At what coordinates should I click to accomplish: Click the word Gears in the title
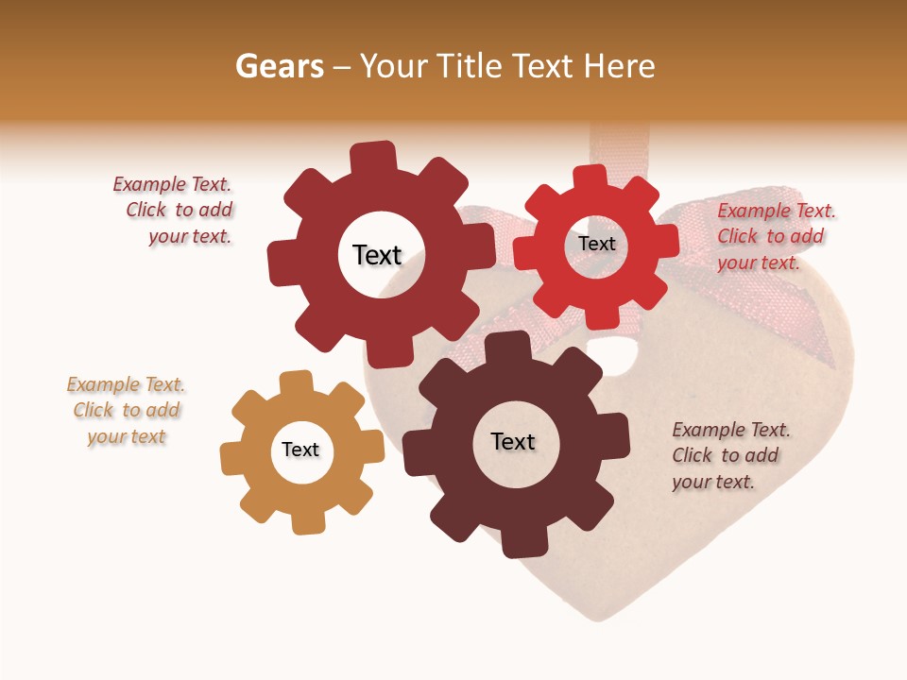coord(278,66)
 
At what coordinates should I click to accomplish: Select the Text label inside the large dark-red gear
coord(377,255)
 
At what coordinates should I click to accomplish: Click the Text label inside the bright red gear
coord(596,244)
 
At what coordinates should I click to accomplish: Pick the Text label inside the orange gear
coord(300,450)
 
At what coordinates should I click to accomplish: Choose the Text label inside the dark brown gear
coord(513,442)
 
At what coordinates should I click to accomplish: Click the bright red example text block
coord(775,236)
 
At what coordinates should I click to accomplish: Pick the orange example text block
coord(126,410)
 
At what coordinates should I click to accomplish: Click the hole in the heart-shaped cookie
coord(620,354)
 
